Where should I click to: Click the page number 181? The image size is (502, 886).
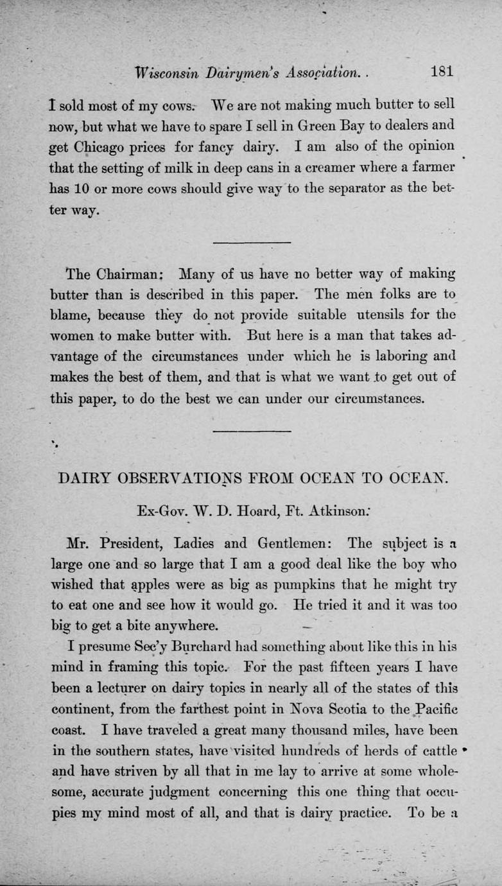pos(442,71)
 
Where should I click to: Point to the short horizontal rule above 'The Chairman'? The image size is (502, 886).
pos(251,242)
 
